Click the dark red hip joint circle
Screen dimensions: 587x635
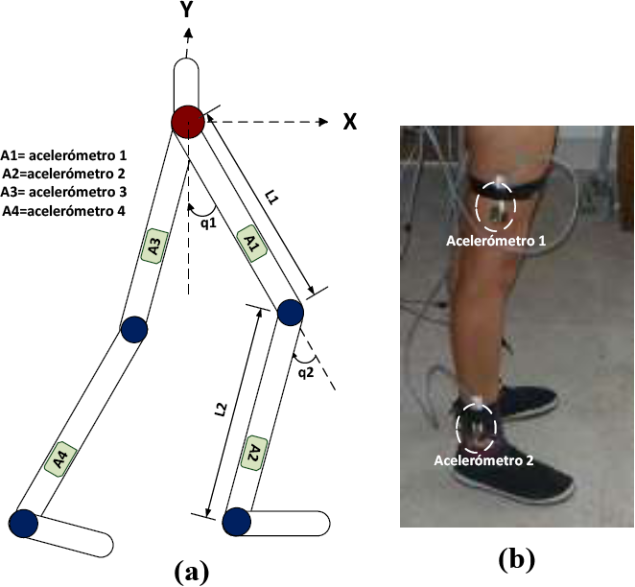[x=187, y=121]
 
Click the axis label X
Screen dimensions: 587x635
[x=351, y=122]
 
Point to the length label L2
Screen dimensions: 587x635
[x=221, y=411]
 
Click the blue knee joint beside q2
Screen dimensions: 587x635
[x=290, y=313]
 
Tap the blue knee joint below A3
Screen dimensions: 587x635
[x=134, y=329]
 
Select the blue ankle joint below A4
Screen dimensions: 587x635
[x=23, y=523]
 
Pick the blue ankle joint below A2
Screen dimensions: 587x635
[x=235, y=523]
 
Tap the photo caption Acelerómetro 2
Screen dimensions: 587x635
[x=482, y=459]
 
